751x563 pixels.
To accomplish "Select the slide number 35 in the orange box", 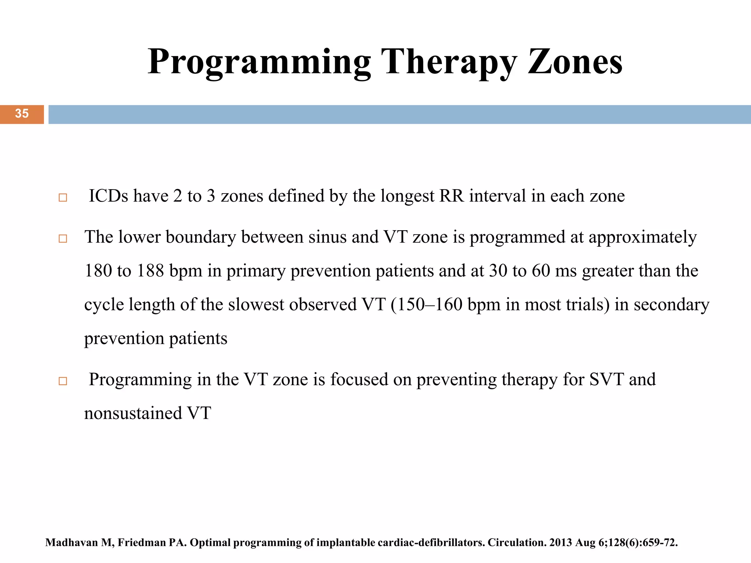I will point(22,114).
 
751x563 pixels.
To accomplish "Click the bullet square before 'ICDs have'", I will point(63,198).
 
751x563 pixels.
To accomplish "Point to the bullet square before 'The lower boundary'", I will point(63,239).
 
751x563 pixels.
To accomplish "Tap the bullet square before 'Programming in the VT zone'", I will point(63,381).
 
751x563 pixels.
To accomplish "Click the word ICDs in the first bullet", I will point(109,196).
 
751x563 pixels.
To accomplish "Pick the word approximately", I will point(642,238).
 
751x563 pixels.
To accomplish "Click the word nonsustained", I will point(133,413).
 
